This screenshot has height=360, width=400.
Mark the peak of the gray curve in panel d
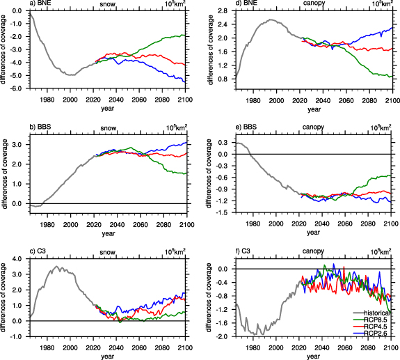point(274,20)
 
